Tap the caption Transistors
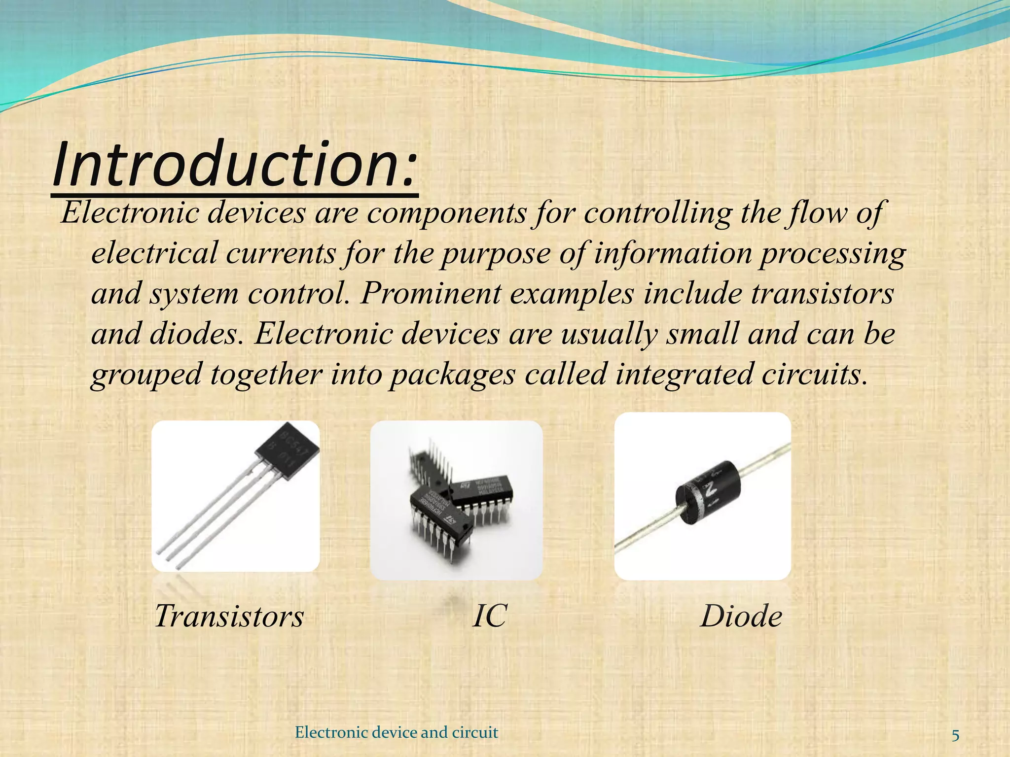(229, 616)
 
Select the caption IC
(489, 616)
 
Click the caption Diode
(741, 616)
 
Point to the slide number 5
(955, 736)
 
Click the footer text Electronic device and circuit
(396, 732)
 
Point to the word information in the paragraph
(673, 253)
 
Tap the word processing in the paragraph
(832, 254)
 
